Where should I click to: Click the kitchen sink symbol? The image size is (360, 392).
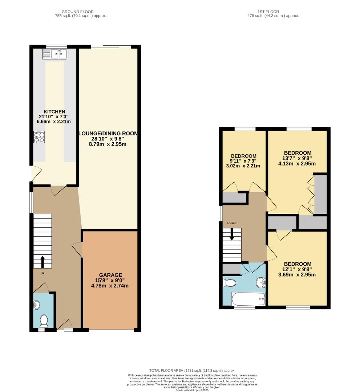click(54, 54)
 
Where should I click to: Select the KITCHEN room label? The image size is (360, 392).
click(54, 111)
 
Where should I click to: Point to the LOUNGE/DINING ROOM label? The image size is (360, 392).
click(109, 134)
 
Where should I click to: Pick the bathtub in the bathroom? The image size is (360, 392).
click(248, 299)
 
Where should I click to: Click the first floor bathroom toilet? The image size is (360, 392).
click(229, 282)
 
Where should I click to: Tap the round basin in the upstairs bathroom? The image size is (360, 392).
click(260, 282)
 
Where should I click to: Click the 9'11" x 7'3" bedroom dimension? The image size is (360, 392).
click(243, 161)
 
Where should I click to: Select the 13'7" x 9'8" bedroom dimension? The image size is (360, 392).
click(298, 158)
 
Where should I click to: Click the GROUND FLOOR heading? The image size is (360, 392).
click(77, 12)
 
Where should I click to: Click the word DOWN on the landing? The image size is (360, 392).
click(231, 222)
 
